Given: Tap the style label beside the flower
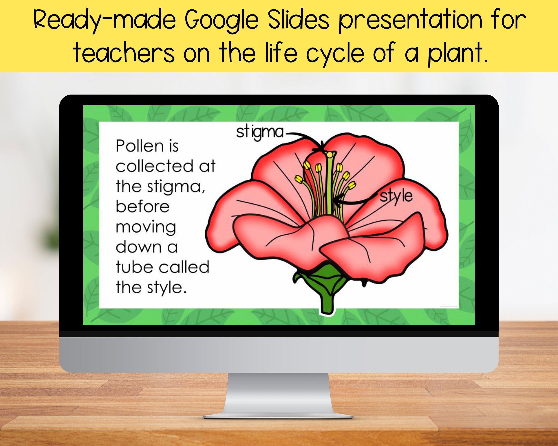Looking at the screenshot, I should [x=396, y=197].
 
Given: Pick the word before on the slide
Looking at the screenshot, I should [x=142, y=207].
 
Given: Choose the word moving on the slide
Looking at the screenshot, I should [x=146, y=227].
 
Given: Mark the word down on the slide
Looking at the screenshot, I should [x=139, y=247].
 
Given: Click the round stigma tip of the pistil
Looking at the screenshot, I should [x=330, y=155].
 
